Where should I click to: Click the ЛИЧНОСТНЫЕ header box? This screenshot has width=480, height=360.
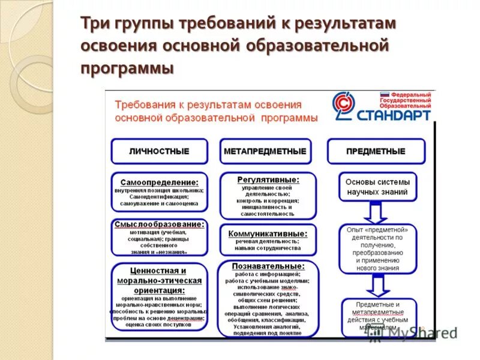(159, 151)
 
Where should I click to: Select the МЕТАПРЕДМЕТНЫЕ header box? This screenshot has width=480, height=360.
(265, 151)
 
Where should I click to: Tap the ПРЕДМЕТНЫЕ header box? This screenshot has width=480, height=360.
(376, 151)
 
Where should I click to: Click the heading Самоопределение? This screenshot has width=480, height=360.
(159, 182)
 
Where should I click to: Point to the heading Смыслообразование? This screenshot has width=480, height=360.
(159, 224)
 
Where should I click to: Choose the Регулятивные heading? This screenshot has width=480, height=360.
(268, 179)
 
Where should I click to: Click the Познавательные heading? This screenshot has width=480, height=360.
(268, 265)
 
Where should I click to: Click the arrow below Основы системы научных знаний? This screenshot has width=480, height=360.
(377, 213)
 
